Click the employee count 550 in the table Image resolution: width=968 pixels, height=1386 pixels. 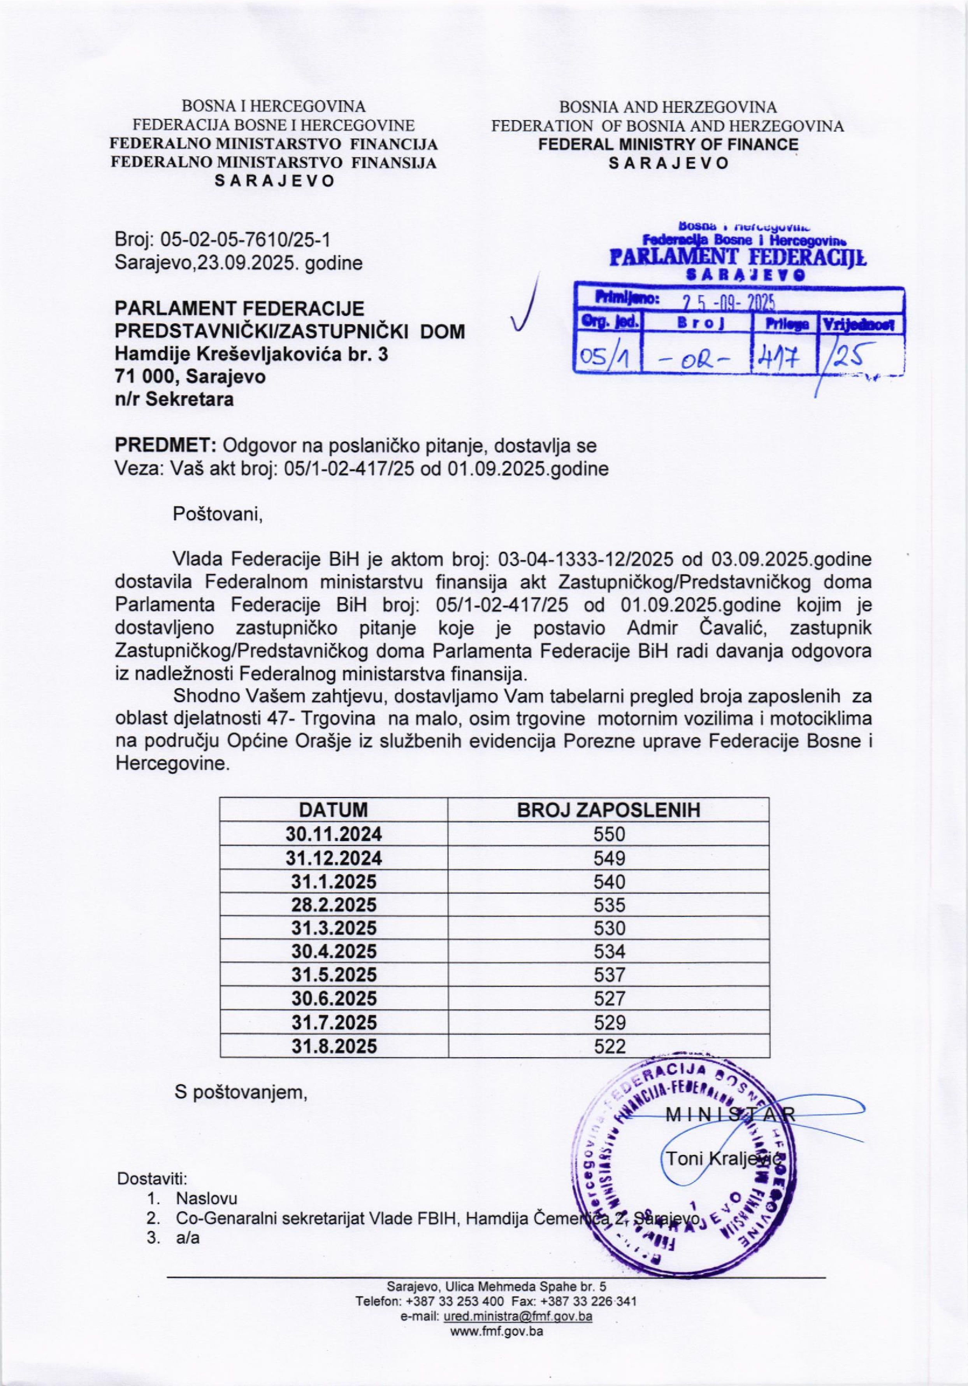point(609,834)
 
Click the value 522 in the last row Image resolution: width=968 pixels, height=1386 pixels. point(609,1046)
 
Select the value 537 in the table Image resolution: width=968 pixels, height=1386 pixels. point(609,975)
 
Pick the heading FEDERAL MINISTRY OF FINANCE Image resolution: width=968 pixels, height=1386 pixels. point(668,144)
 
